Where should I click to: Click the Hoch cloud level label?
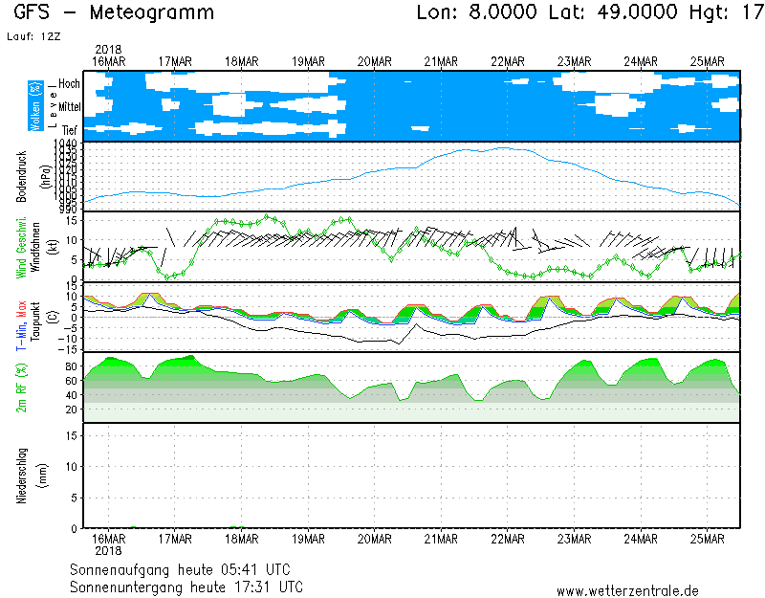click(x=68, y=84)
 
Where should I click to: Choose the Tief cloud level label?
click(x=69, y=128)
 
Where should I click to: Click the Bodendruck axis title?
click(x=21, y=176)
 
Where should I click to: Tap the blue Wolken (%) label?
click(x=35, y=106)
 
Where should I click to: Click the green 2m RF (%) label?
click(x=21, y=387)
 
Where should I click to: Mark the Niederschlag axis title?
click(x=21, y=475)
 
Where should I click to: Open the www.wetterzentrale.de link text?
click(x=627, y=591)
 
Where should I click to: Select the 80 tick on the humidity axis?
click(x=71, y=365)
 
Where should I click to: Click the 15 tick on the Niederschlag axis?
click(x=71, y=434)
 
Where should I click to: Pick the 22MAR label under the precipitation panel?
click(x=507, y=538)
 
